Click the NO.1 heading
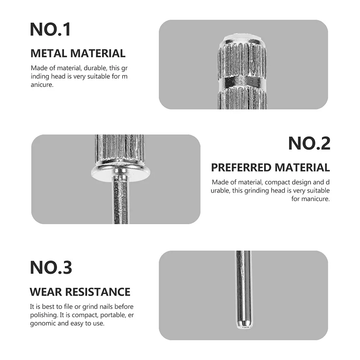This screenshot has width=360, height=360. coord(50,29)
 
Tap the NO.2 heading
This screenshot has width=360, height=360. coord(309,144)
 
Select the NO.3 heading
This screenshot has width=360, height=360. coord(51,267)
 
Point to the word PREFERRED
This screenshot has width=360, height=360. coord(241,167)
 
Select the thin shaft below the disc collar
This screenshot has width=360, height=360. coord(120,201)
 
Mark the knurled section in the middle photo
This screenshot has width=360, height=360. coord(120,147)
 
